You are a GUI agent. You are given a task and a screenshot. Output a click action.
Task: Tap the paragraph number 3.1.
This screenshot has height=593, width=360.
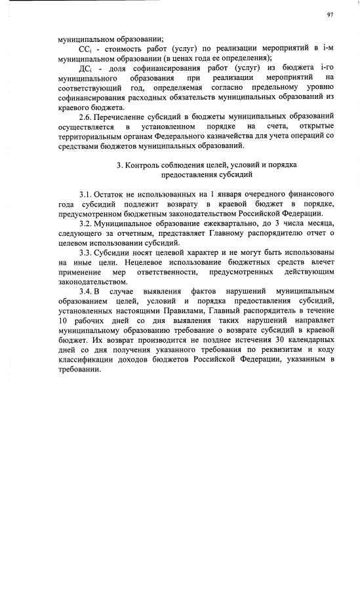point(85,195)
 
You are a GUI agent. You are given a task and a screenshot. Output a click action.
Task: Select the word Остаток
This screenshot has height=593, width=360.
point(110,195)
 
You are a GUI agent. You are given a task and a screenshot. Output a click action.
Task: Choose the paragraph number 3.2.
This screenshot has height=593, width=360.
point(85,224)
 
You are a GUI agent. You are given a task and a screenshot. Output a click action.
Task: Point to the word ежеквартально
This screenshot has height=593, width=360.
point(212,224)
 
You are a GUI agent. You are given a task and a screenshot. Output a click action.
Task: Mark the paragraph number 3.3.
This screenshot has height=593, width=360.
point(85,253)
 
